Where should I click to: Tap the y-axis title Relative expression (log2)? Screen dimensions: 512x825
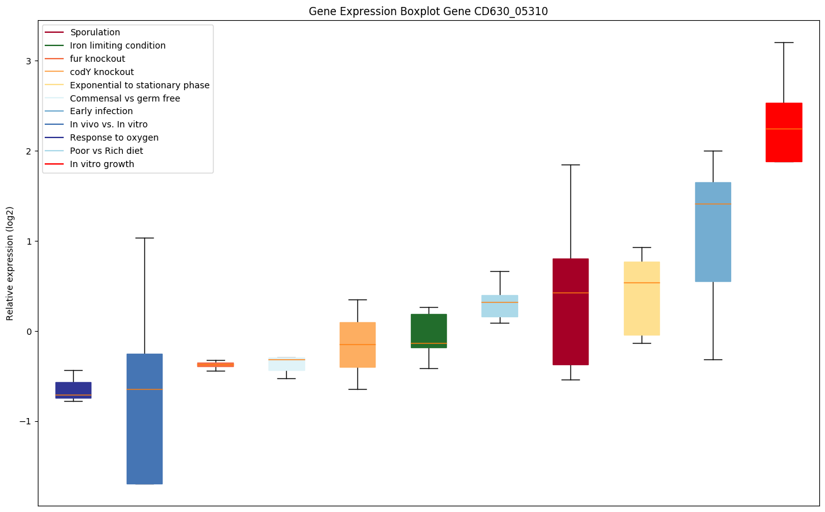pos(10,264)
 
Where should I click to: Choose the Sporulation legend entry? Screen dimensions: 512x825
pos(95,32)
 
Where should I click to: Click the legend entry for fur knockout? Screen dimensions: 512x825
pos(98,59)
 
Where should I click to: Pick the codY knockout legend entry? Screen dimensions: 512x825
pos(102,72)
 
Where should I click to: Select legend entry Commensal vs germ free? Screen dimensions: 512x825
pos(125,98)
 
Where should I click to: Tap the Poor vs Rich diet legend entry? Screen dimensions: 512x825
pos(107,151)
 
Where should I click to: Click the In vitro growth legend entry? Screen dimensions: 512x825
pos(102,164)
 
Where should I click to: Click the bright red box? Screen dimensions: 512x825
pos(783,132)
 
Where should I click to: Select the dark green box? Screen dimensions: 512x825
pos(429,330)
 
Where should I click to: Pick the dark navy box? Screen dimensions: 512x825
pos(73,390)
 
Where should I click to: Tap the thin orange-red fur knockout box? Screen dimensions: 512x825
pos(216,364)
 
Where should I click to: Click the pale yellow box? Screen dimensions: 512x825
pos(642,298)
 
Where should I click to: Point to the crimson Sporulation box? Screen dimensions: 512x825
pos(570,311)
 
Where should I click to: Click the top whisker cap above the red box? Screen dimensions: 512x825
pos(783,42)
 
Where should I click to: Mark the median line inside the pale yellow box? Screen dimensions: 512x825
pos(642,282)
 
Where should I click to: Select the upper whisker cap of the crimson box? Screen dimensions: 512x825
pos(570,165)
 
